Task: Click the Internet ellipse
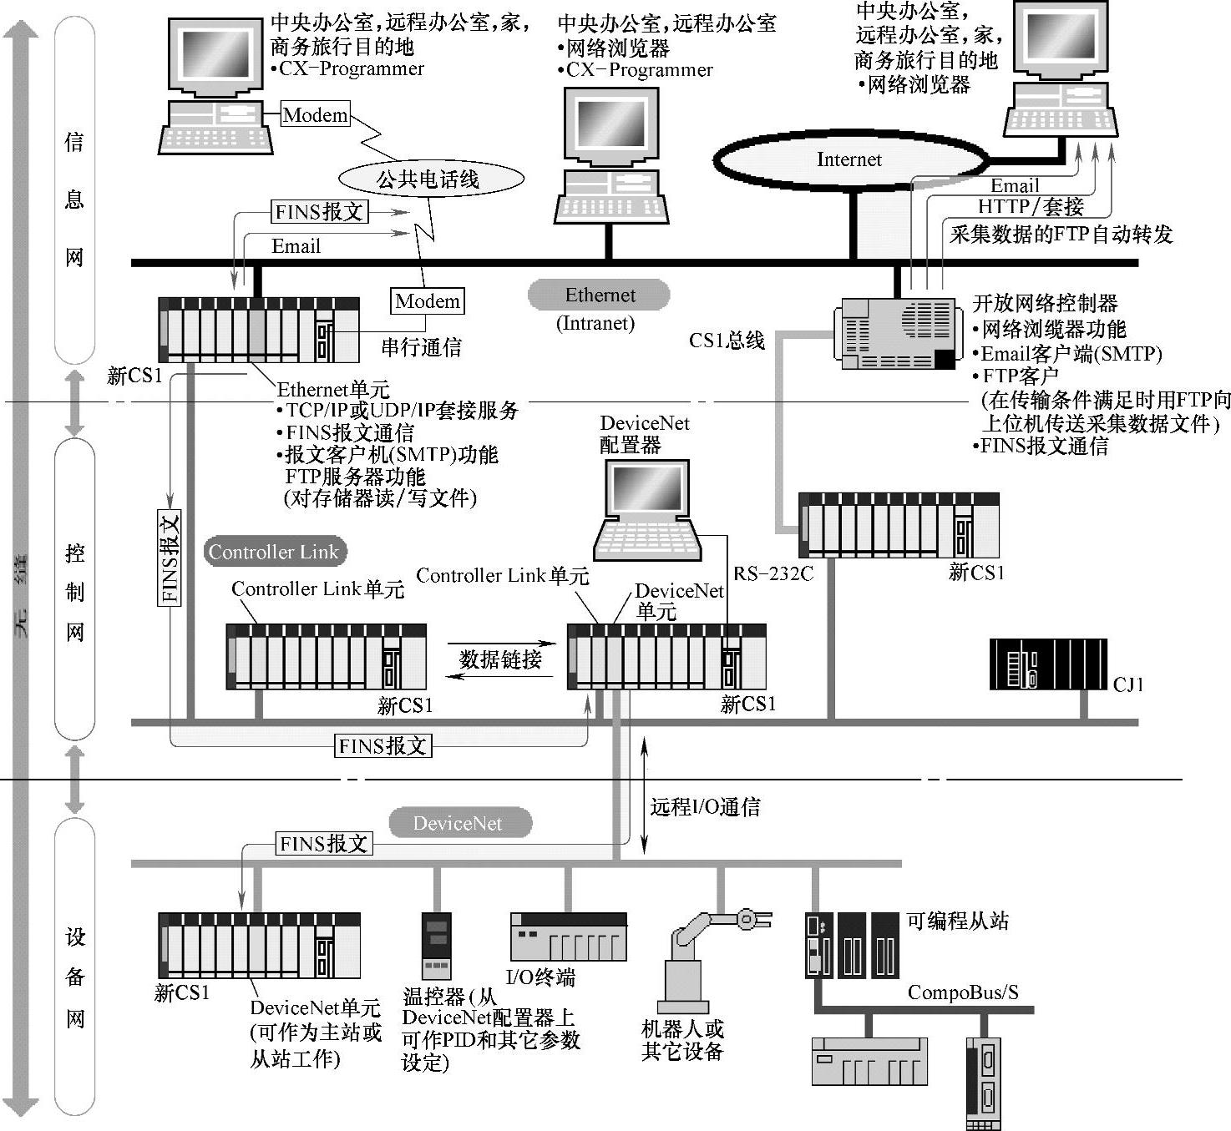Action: click(849, 160)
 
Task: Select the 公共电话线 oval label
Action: click(431, 179)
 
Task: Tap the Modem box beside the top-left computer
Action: click(315, 114)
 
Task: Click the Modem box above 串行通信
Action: click(428, 301)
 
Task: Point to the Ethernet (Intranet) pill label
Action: click(599, 295)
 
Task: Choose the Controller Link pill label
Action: click(274, 552)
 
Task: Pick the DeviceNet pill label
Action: click(458, 824)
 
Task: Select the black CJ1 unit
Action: click(1048, 664)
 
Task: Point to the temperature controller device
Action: click(436, 946)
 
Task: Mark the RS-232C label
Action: click(773, 574)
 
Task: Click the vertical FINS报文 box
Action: click(170, 558)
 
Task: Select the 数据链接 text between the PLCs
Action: click(500, 659)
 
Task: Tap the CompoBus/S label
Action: click(963, 992)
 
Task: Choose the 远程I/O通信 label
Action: click(706, 807)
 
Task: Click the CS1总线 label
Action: click(727, 341)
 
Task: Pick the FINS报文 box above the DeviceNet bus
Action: click(324, 844)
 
